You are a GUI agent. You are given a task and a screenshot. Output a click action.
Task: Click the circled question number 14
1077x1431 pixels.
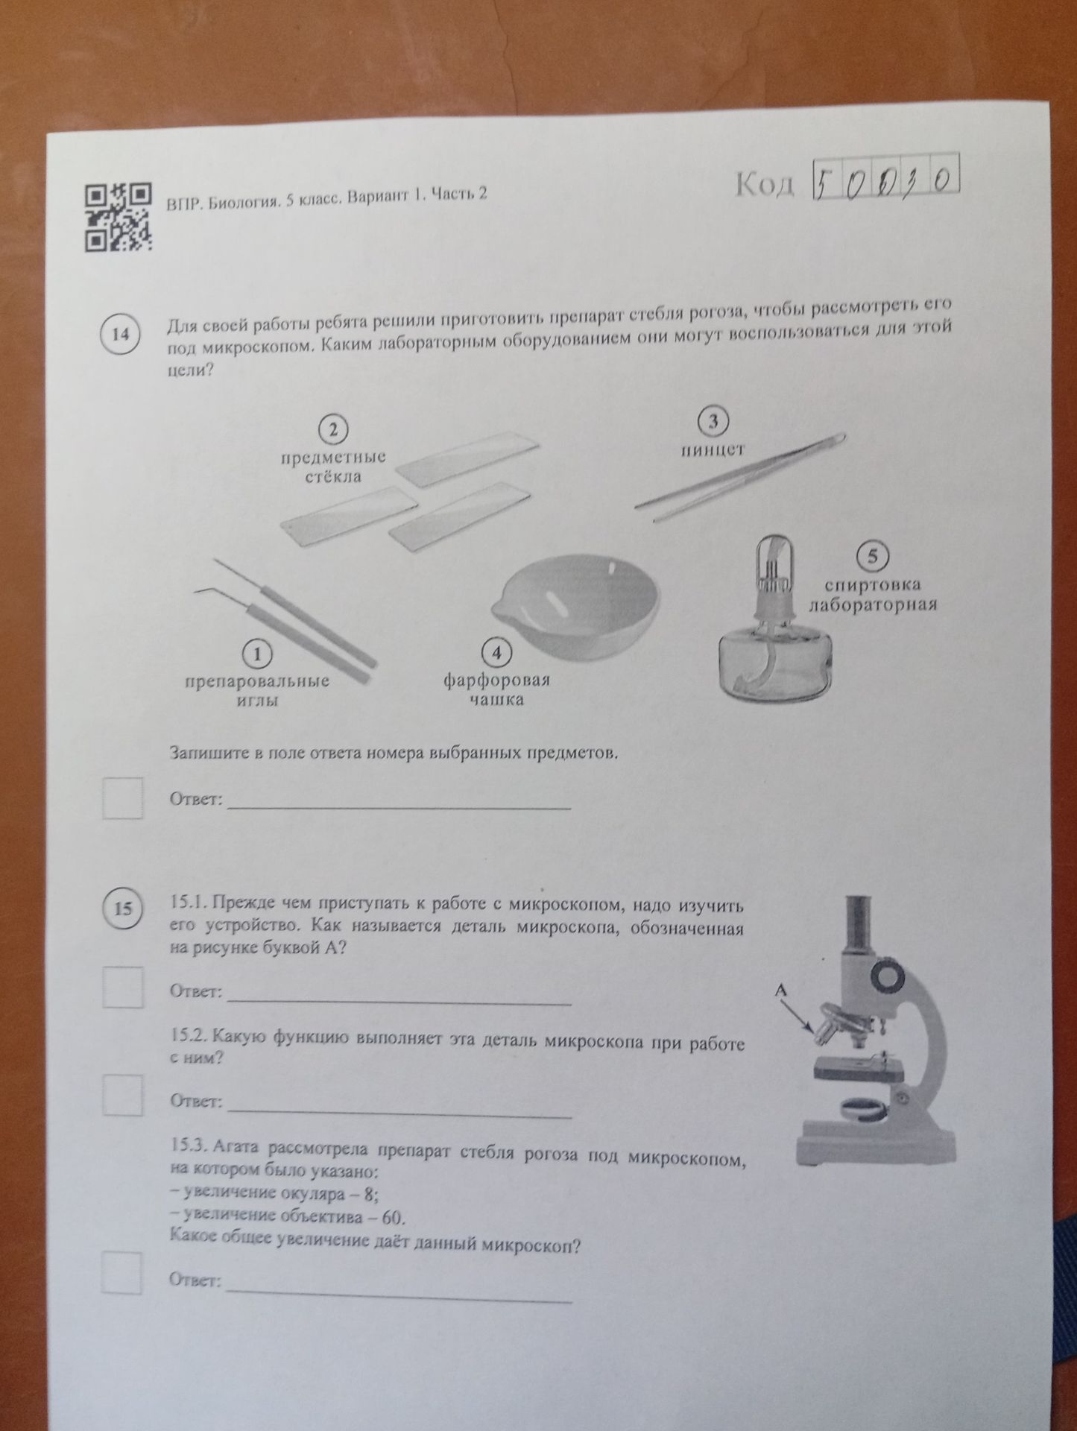tap(119, 334)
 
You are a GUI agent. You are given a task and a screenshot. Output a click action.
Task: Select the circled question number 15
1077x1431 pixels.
tap(122, 909)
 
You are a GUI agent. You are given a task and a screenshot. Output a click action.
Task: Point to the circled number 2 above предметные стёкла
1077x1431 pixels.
tap(333, 429)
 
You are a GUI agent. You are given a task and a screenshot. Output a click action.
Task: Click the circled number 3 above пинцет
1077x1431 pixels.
tap(713, 422)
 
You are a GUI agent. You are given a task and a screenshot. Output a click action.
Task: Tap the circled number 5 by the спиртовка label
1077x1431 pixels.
tap(872, 556)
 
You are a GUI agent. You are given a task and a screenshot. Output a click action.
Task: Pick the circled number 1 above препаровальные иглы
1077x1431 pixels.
tap(257, 654)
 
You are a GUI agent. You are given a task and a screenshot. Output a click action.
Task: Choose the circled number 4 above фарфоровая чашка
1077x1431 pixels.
tap(496, 653)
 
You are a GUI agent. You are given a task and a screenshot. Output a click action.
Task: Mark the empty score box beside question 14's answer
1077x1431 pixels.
tap(122, 798)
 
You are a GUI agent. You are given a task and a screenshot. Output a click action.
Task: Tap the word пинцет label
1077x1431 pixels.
tap(713, 450)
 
